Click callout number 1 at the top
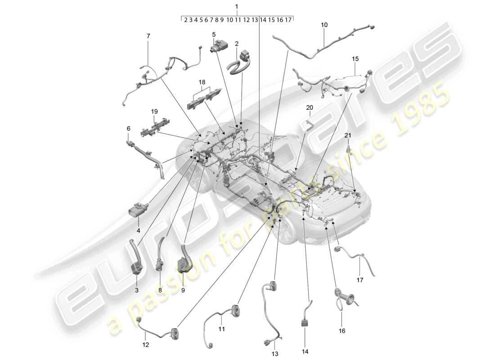pos(237,7)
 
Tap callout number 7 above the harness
pos(148,36)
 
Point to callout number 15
pos(355,59)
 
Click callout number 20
pos(309,108)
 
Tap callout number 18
pos(202,82)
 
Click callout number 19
pos(154,111)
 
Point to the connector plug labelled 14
pos(305,323)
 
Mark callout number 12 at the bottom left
pos(145,345)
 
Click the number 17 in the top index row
pos(288,20)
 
